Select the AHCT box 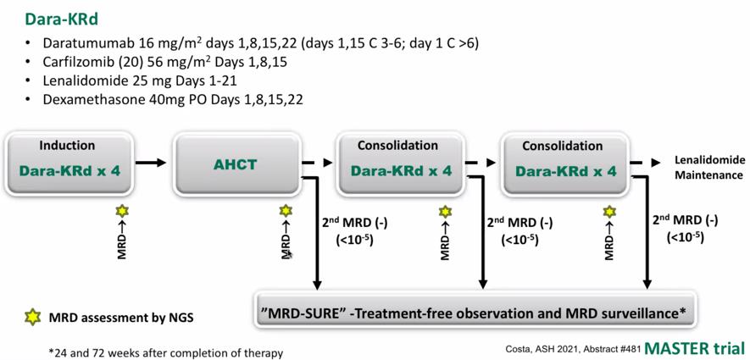(236, 165)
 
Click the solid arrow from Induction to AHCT (151, 163)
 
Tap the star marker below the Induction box (122, 211)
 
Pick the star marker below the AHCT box (286, 210)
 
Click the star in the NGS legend (32, 318)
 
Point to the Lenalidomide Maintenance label (708, 168)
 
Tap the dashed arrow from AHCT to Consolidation (317, 163)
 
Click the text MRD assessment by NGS (121, 318)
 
